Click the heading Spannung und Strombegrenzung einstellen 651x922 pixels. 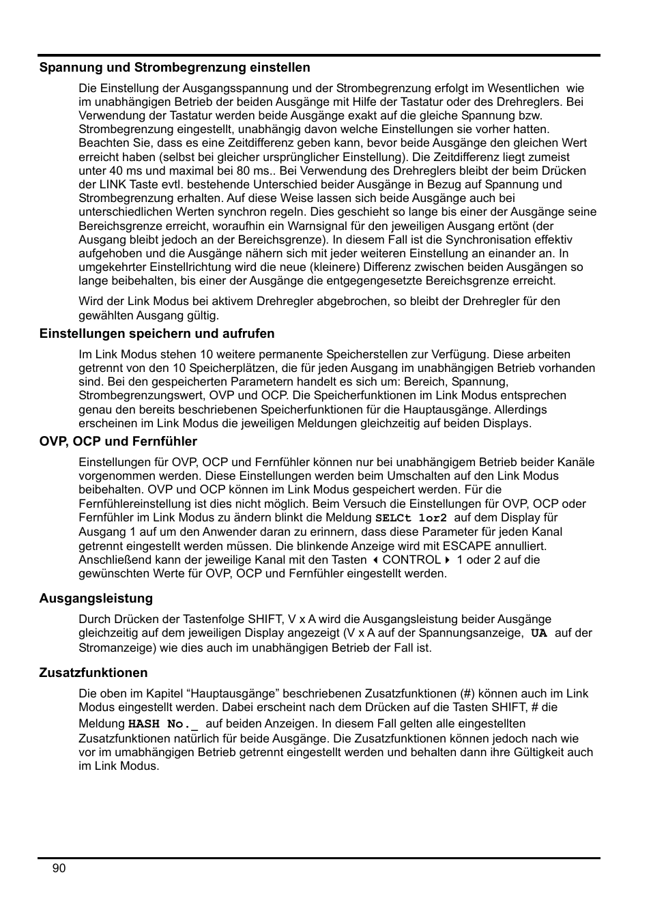pos(174,68)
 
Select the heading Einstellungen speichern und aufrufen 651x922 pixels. pos(156,334)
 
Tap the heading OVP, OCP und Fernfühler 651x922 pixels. pos(118,442)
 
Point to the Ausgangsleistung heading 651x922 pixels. pos(96,599)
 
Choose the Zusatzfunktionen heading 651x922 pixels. pos(93,673)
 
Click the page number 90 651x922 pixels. pos(59,868)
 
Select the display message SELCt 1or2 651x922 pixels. pos(411,518)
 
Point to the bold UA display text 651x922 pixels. pos(539,633)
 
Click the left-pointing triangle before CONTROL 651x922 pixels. pos(375,560)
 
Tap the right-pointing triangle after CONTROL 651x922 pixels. pos(448,560)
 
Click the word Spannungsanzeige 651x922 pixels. pos(476,633)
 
